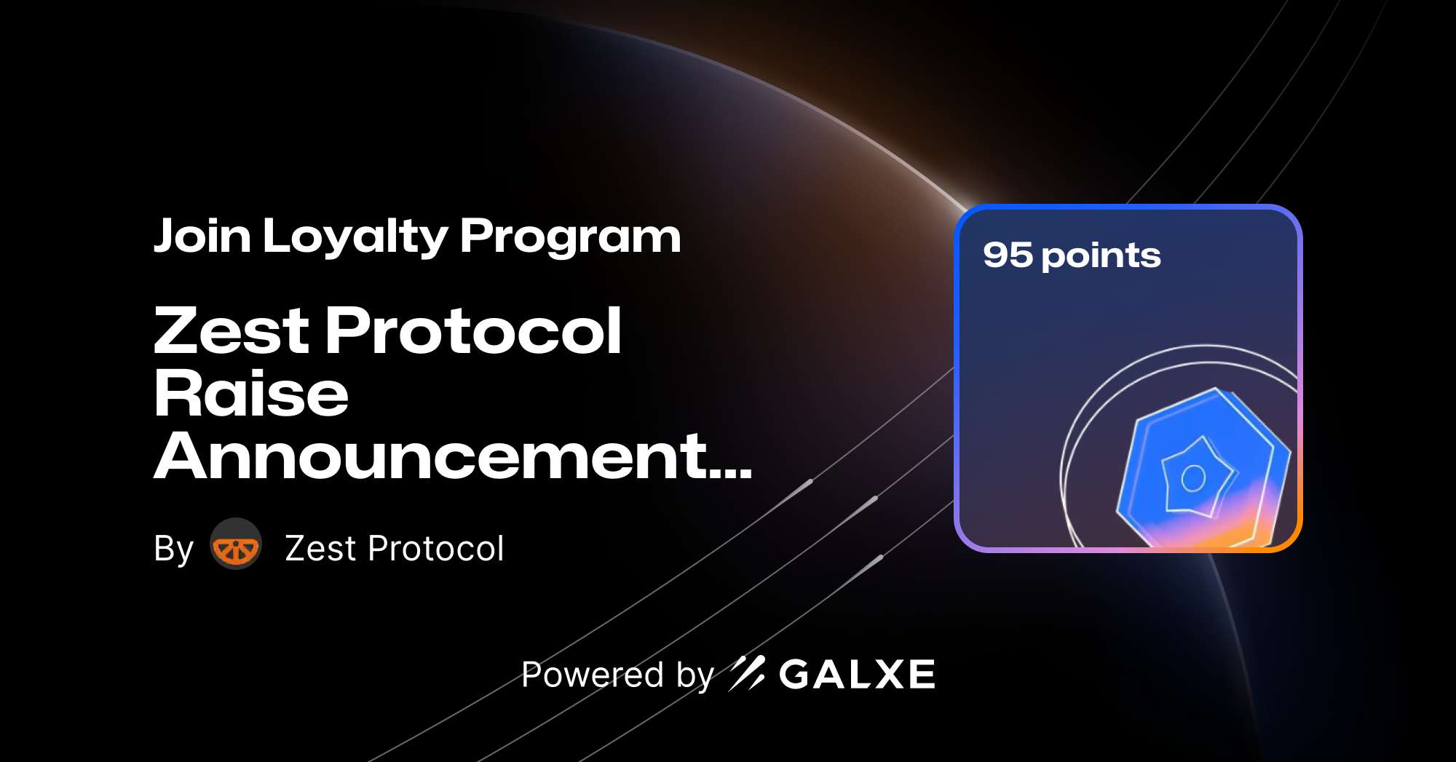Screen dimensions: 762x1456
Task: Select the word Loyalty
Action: click(355, 237)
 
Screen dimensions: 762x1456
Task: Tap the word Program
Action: click(570, 237)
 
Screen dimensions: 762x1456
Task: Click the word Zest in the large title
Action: click(232, 331)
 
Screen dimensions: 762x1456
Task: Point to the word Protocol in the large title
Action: click(473, 331)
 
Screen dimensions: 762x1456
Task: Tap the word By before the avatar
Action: click(173, 549)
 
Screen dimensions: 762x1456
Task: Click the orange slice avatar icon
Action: click(236, 544)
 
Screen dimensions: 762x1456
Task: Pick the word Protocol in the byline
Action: click(436, 549)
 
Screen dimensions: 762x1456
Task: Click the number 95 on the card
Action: click(1008, 255)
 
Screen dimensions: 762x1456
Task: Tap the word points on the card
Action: click(1101, 256)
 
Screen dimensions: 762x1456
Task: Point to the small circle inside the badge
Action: click(1193, 478)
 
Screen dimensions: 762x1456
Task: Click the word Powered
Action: click(593, 675)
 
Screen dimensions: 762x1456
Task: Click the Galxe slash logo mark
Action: click(747, 673)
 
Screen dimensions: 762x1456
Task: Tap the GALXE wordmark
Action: click(857, 675)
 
